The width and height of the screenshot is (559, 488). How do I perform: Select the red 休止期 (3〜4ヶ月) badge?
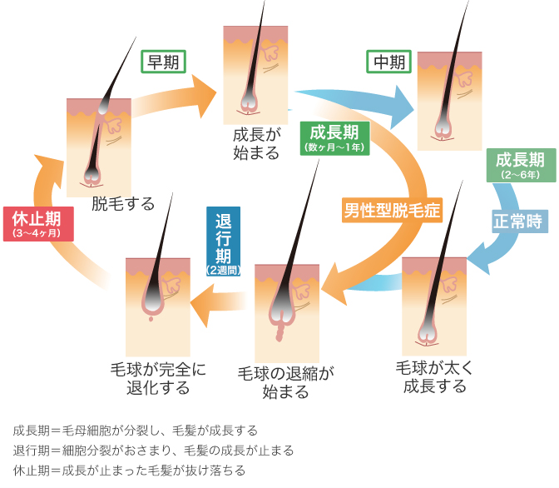[x=37, y=224]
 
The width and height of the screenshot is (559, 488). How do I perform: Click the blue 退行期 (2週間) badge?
[x=222, y=242]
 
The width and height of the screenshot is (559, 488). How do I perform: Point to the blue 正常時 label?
[x=517, y=222]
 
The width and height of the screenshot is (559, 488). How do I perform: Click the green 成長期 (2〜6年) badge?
[x=521, y=165]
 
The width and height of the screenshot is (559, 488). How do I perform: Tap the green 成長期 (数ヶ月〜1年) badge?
[x=334, y=137]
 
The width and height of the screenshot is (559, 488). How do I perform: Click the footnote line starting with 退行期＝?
[x=154, y=451]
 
